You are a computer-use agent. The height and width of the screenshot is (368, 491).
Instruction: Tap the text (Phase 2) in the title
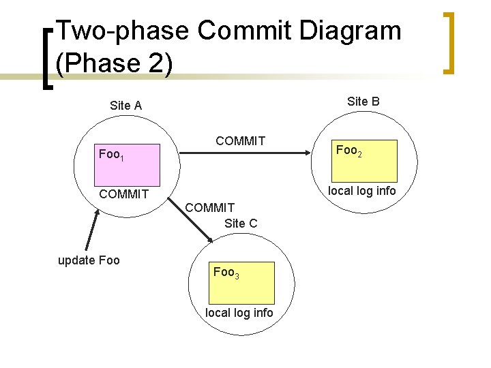click(x=114, y=63)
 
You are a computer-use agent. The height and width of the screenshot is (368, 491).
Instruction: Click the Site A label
click(x=125, y=106)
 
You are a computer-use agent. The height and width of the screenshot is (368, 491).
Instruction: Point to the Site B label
click(x=363, y=102)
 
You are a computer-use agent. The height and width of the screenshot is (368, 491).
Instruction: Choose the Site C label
click(x=240, y=223)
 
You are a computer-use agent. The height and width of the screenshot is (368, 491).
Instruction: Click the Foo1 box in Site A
click(x=128, y=155)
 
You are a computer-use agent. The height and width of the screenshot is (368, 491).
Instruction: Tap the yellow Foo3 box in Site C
click(x=242, y=282)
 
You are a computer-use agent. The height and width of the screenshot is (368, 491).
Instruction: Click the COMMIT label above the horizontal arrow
click(x=240, y=141)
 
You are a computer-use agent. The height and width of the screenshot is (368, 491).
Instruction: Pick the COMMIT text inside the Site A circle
click(x=123, y=194)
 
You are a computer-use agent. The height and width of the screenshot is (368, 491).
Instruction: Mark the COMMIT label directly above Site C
click(x=210, y=207)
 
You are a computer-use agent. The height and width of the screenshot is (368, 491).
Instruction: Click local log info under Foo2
click(x=361, y=191)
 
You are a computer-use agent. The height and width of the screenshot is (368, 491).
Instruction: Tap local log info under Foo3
click(x=239, y=313)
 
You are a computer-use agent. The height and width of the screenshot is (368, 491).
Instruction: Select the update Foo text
click(x=89, y=260)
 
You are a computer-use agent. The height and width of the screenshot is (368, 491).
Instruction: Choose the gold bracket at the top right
click(x=448, y=42)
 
